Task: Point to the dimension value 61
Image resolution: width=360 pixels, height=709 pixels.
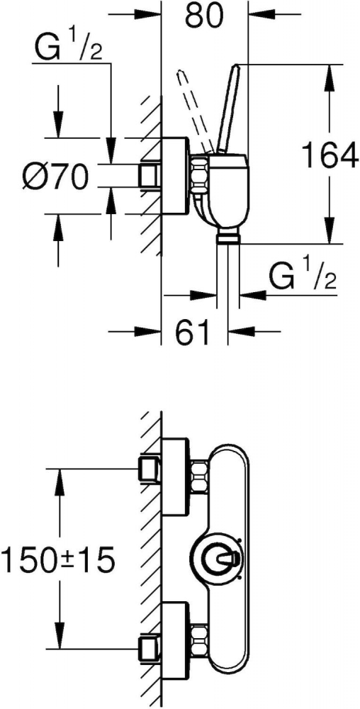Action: [193, 332]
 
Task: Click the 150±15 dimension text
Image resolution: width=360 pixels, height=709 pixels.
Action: [58, 560]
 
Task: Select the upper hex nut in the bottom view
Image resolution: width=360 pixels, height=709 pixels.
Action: [199, 476]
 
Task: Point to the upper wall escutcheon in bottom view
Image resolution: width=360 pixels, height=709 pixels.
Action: [174, 476]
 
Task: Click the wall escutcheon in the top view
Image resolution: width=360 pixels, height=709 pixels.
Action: [174, 175]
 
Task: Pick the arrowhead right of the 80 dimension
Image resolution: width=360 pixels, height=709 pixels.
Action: [263, 16]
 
